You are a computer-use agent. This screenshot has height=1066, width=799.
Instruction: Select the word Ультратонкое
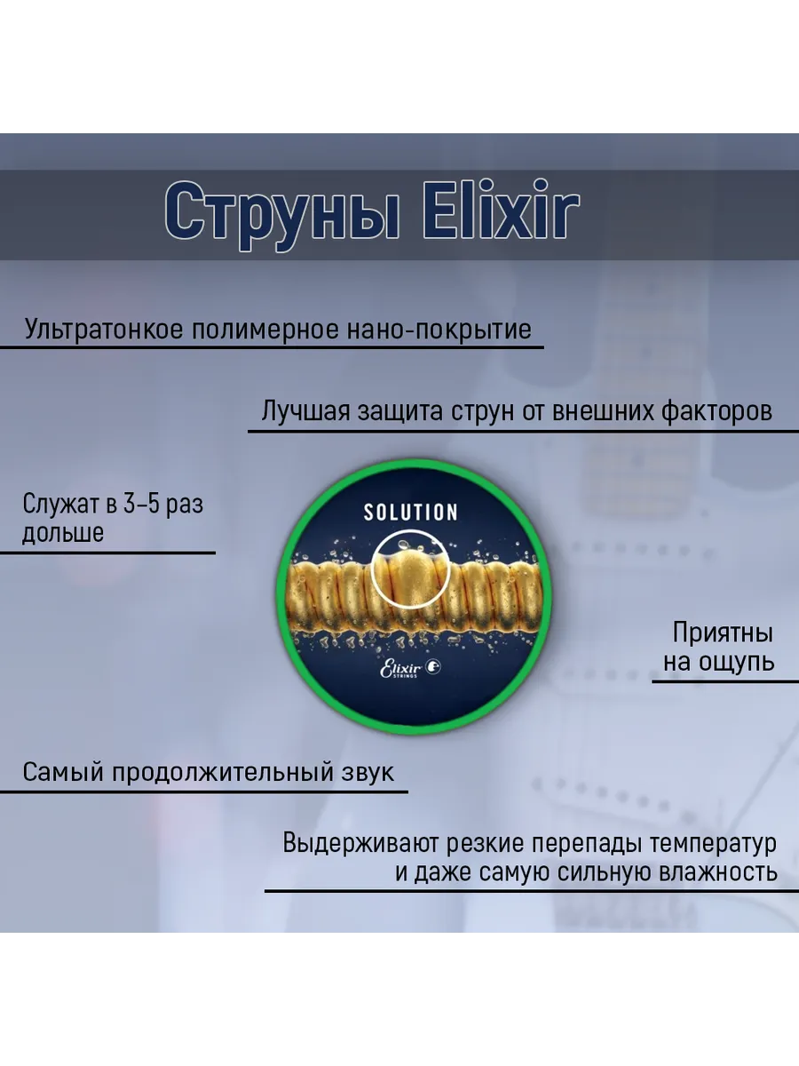tap(104, 330)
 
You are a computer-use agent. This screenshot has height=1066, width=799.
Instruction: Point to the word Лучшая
tap(305, 411)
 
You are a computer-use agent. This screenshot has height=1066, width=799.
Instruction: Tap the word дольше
tap(63, 533)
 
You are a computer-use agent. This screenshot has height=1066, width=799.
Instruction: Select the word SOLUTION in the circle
tap(410, 513)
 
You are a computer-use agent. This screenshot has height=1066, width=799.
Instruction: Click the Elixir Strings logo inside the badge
tap(410, 668)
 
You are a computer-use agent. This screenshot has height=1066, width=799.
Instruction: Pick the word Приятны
tap(723, 633)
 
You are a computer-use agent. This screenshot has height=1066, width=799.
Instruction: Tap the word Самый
tap(64, 772)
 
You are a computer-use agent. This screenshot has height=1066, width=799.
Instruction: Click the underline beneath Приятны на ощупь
tap(725, 682)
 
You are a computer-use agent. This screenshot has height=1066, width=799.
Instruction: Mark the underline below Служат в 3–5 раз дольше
tap(107, 553)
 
